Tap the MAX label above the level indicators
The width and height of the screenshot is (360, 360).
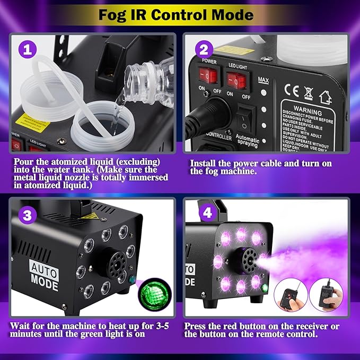(262, 80)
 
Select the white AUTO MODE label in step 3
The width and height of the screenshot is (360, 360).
(41, 271)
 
